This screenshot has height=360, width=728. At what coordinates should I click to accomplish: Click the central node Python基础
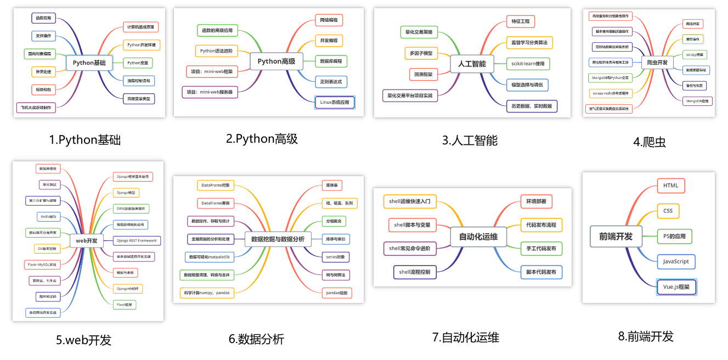click(89, 63)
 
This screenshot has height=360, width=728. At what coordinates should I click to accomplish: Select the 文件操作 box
click(43, 36)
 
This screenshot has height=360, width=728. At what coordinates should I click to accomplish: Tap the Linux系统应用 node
click(335, 102)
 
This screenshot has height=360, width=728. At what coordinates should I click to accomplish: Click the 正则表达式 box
click(331, 82)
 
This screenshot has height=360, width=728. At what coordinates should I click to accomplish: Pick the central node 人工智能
click(472, 64)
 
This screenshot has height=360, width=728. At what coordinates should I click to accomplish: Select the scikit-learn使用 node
click(527, 64)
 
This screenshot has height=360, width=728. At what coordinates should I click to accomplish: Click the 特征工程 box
click(520, 21)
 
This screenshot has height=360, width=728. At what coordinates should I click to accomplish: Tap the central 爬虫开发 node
click(657, 63)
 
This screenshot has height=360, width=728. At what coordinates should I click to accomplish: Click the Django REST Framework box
click(137, 240)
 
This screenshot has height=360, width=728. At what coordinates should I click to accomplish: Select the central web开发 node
click(87, 240)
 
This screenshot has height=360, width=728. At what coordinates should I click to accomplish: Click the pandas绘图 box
click(336, 293)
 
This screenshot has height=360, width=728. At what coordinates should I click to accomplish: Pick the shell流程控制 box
click(415, 272)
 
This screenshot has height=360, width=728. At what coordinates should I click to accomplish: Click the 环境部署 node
click(536, 201)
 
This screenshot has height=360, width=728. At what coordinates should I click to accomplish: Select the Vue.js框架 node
click(676, 286)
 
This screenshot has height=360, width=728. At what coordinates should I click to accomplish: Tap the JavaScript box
click(676, 261)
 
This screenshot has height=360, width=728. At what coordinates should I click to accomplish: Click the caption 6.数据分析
click(256, 339)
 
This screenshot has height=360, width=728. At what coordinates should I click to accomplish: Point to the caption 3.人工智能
click(470, 140)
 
